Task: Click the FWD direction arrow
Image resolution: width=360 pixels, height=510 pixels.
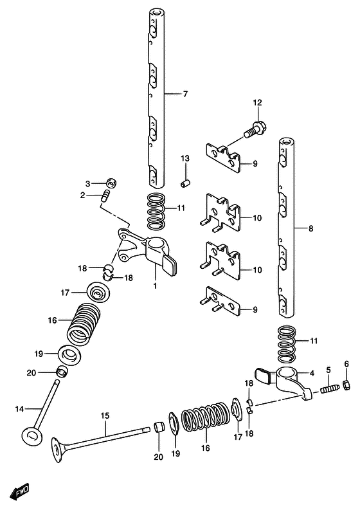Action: pos(19,491)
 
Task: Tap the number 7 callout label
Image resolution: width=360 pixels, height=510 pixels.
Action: pos(185,94)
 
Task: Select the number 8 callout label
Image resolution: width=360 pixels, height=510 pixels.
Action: pos(311,229)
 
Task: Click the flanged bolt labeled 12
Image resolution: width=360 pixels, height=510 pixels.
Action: pos(255,129)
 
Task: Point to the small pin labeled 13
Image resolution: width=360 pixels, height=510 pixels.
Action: pos(185,183)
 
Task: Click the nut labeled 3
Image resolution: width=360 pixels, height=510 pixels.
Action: pos(112,183)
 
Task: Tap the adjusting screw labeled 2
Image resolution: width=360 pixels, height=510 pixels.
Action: pos(105,196)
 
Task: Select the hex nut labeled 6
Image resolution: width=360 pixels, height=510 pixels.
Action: pos(346,385)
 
